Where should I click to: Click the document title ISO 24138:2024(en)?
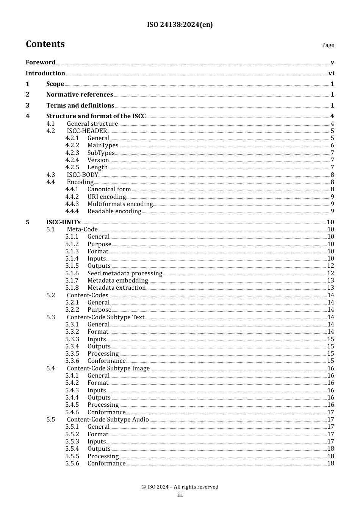pos(180,25)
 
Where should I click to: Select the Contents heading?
pos(45,44)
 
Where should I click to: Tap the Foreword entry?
pos(41,62)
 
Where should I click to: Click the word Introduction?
pos(45,73)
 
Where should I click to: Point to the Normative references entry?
pos(80,95)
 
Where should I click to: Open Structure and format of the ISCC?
pos(96,116)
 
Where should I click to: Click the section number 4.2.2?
pos(72,145)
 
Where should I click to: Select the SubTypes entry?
pos(101,153)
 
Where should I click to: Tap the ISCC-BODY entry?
pos(82,175)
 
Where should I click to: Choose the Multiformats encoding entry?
pos(120,204)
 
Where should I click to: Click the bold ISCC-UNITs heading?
pos(63,222)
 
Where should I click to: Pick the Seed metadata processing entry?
pos(125,273)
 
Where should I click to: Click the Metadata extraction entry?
pos(116,288)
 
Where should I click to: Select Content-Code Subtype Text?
pos(105,317)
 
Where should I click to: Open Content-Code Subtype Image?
pos(108,368)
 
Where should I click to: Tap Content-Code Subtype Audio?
pos(108,420)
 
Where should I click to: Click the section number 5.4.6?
pos(72,412)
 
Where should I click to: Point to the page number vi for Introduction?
pos(331,73)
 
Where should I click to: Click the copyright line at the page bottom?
pos(180,487)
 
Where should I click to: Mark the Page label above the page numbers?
pos(328,45)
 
